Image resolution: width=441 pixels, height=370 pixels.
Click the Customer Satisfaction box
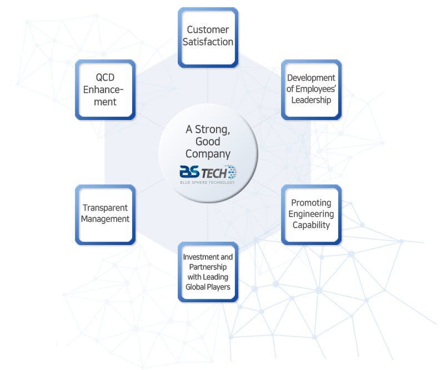click(x=208, y=37)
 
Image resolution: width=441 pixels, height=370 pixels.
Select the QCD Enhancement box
click(x=105, y=89)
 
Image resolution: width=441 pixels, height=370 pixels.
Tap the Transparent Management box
click(x=105, y=214)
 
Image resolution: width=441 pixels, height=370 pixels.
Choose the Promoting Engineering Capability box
click(x=312, y=214)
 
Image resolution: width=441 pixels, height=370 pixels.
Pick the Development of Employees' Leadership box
click(x=311, y=89)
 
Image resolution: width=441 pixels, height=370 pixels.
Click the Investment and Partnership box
click(x=208, y=272)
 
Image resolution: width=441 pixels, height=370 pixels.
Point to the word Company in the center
click(x=208, y=154)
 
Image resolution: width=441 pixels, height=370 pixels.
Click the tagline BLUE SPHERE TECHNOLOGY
click(x=208, y=182)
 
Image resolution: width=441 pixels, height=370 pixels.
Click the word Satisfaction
click(x=208, y=42)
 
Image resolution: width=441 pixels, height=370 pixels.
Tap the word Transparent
click(x=105, y=208)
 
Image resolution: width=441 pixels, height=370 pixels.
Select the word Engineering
click(x=312, y=214)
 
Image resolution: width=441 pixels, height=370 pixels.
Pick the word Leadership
click(x=311, y=100)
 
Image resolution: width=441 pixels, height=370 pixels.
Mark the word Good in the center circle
click(x=208, y=142)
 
